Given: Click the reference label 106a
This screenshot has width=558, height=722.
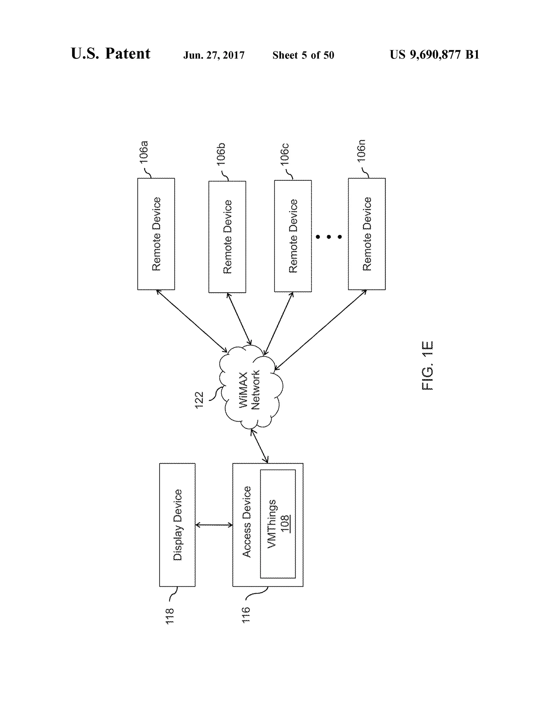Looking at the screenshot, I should [x=144, y=152].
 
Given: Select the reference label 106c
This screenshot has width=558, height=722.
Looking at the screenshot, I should [x=285, y=154].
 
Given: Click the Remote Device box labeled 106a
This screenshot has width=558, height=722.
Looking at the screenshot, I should [x=156, y=234].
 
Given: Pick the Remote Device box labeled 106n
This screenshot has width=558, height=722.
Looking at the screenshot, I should [x=367, y=234].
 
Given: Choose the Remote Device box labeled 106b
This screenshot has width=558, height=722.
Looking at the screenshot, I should [x=227, y=237].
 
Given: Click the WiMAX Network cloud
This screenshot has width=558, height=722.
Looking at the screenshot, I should [x=250, y=387].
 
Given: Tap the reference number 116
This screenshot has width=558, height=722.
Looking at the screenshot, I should [x=246, y=615].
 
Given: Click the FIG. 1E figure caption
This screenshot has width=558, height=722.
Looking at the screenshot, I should [x=427, y=365].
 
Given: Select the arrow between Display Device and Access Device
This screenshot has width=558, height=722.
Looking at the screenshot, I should [x=214, y=525].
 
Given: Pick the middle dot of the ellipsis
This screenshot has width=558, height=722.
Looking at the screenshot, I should [x=329, y=237].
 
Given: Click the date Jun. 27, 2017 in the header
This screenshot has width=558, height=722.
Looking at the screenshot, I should [x=214, y=55].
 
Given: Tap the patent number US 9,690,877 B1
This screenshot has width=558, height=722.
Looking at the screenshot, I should [x=434, y=54].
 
